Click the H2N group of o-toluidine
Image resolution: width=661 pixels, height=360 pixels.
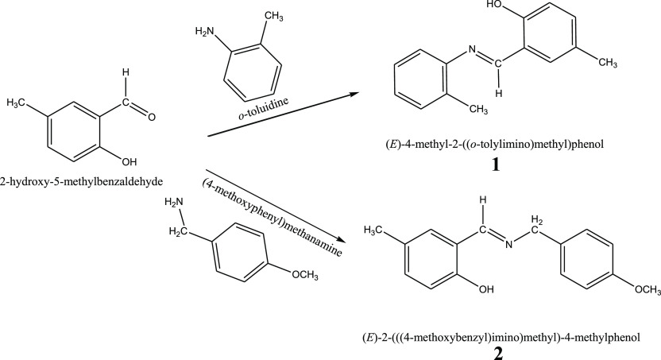pos(204,33)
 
